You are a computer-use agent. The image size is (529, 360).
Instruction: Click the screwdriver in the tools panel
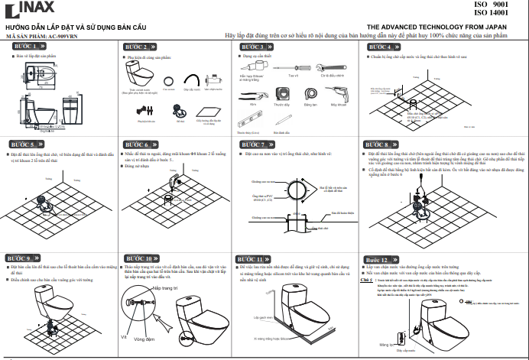(x=293, y=68)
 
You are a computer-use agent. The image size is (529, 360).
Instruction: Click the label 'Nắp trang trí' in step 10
(x=164, y=289)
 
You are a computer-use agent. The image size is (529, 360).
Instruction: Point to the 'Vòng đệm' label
(x=144, y=338)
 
